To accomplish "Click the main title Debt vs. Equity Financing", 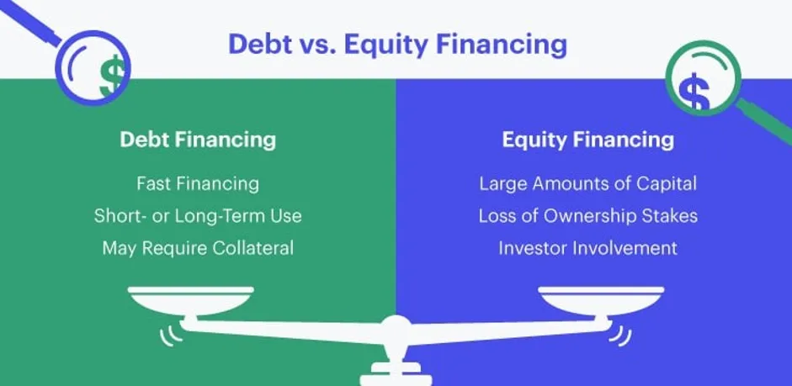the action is [x=397, y=45].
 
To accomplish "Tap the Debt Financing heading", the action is [x=198, y=140].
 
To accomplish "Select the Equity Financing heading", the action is [x=588, y=140].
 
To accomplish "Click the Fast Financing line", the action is [x=198, y=183].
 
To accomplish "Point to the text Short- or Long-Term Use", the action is [x=198, y=216].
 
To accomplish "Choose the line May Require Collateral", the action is [x=198, y=248].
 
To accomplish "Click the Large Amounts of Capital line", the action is [x=588, y=183].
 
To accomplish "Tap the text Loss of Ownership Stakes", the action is [x=588, y=216].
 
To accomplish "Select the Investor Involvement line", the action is [x=588, y=248].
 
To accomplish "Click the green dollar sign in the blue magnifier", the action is [x=112, y=76].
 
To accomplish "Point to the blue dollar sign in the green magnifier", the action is [x=694, y=92].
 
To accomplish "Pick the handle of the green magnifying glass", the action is [x=763, y=121].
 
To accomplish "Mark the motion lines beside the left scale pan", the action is [x=171, y=336].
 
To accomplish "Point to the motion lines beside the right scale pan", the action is [x=620, y=336].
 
